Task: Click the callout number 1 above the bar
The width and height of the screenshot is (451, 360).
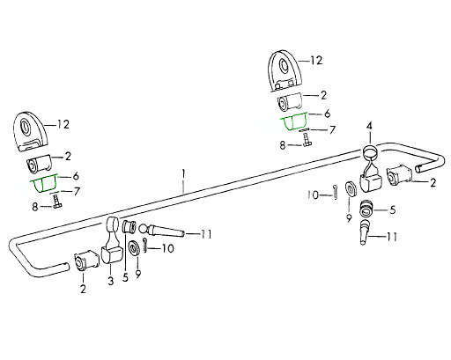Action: coord(183,173)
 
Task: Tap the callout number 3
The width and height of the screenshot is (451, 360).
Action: coord(111,281)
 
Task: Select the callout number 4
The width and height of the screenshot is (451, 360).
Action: coord(369,127)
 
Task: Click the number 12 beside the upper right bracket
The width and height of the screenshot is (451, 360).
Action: coord(316,61)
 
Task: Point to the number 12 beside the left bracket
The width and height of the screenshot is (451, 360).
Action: coord(63,124)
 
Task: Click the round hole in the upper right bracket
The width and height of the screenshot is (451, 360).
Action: coord(284,67)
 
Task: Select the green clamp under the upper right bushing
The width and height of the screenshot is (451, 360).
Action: coord(294,121)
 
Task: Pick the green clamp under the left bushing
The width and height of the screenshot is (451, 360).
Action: coord(43,184)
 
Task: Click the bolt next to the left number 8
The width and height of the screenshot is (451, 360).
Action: coord(56,202)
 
